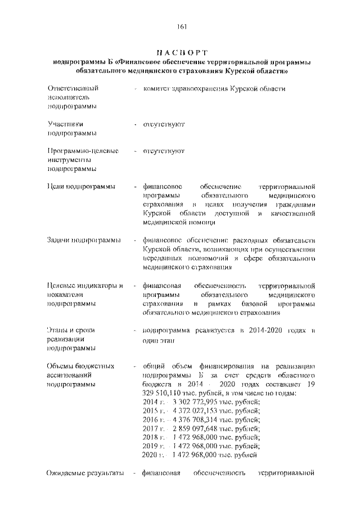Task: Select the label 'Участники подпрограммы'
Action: pos(71,128)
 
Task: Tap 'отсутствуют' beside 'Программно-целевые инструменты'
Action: pos(164,152)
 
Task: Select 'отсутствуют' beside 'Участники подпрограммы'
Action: pos(164,123)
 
